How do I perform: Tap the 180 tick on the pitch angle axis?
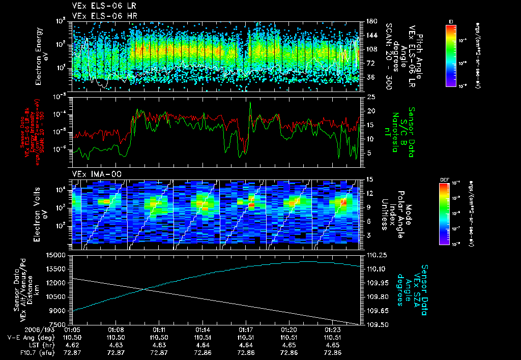(370, 21)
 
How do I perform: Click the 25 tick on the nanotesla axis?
(370, 97)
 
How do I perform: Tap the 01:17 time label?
(246, 329)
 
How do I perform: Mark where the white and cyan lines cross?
(145, 290)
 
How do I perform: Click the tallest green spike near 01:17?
(250, 103)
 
